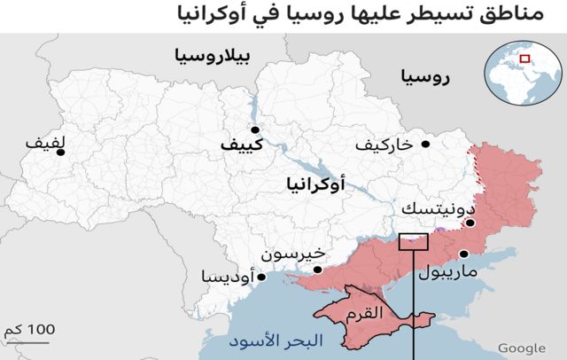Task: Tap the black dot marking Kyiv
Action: click(255, 129)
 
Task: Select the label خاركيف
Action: click(384, 144)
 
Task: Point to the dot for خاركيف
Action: click(426, 144)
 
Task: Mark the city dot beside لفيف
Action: click(60, 153)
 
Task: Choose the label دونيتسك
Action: click(431, 208)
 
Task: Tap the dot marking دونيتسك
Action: click(470, 223)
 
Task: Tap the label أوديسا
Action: click(227, 277)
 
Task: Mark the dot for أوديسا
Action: click(260, 277)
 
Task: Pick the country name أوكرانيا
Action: click(316, 185)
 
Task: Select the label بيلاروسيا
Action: click(212, 58)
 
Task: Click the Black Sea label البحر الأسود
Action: click(267, 340)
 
